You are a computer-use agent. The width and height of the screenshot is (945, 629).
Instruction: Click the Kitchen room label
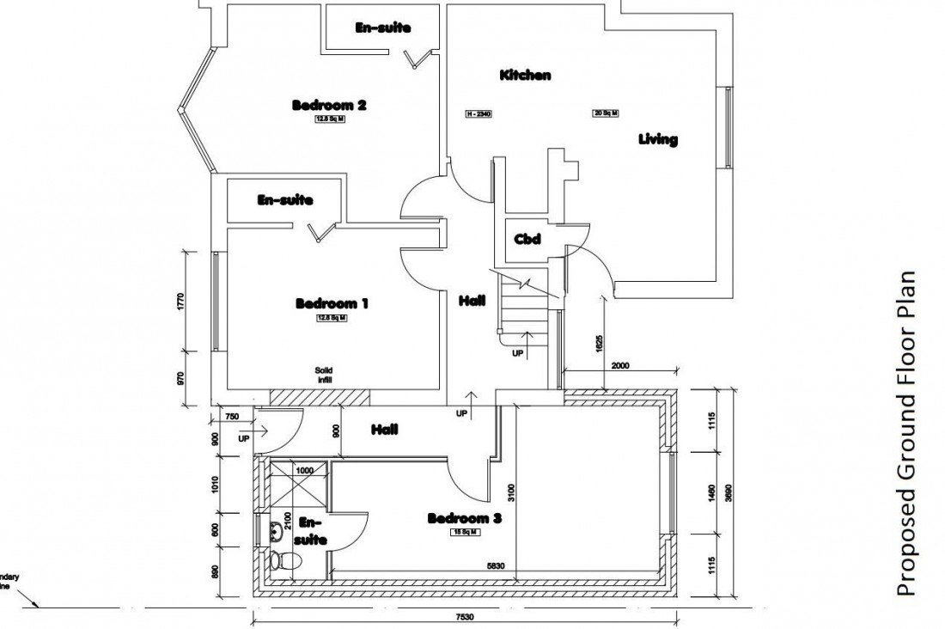click(525, 76)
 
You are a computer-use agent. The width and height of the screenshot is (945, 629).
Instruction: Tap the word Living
click(658, 139)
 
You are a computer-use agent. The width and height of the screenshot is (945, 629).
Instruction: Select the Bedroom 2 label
click(330, 106)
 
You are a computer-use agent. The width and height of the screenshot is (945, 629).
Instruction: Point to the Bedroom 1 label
click(332, 303)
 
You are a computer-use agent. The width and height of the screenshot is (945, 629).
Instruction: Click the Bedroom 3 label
click(464, 519)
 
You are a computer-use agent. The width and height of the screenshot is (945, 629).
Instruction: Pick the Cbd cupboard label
click(527, 240)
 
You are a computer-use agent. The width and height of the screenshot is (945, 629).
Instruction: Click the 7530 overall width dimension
click(466, 617)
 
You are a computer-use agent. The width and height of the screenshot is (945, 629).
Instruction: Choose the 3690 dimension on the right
click(729, 492)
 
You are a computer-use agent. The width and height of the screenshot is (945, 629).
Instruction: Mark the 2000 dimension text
click(620, 365)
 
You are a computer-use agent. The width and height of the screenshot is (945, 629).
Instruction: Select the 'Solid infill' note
click(323, 375)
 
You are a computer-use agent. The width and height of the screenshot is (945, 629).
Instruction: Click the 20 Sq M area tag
click(606, 113)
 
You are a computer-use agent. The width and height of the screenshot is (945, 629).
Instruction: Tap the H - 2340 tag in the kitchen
click(478, 113)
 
